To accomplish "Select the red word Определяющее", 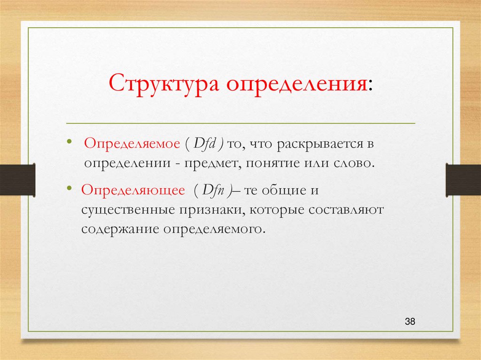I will [133, 190].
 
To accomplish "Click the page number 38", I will [410, 322].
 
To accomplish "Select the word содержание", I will [120, 230].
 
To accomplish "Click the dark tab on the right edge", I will [463, 180].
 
